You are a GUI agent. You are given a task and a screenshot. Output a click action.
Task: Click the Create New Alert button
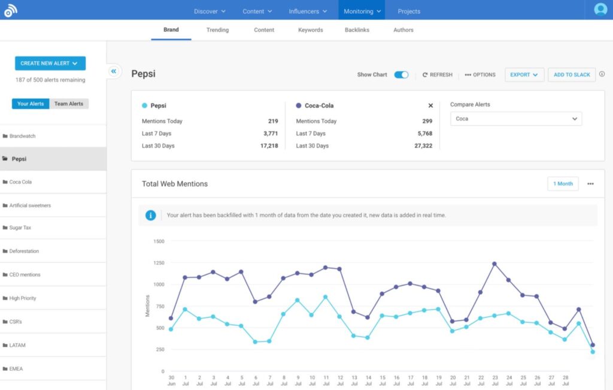pyautogui.click(x=50, y=63)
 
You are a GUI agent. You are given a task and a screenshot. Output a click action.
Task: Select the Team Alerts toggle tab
pyautogui.click(x=69, y=104)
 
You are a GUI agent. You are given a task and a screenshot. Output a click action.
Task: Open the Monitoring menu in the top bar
pyautogui.click(x=362, y=11)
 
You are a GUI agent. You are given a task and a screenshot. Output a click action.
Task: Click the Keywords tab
pyautogui.click(x=310, y=30)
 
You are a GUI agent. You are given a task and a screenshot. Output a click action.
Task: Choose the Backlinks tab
pyautogui.click(x=357, y=30)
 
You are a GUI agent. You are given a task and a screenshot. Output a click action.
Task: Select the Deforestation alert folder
pyautogui.click(x=24, y=252)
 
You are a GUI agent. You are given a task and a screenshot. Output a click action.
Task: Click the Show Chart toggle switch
pyautogui.click(x=401, y=75)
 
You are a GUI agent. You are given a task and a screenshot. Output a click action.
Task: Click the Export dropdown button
pyautogui.click(x=524, y=75)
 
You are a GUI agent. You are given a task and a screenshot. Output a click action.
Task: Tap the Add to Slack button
pyautogui.click(x=572, y=75)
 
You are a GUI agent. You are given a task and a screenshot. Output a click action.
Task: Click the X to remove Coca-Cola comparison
pyautogui.click(x=430, y=105)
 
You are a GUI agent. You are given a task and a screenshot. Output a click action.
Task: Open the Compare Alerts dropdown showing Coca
pyautogui.click(x=515, y=119)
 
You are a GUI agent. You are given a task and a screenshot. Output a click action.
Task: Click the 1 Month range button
pyautogui.click(x=563, y=184)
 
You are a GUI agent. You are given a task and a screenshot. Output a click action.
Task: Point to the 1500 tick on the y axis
pyautogui.click(x=159, y=241)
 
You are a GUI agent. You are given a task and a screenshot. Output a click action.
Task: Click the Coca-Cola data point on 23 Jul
pyautogui.click(x=494, y=264)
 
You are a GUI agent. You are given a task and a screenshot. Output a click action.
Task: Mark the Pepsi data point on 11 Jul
pyautogui.click(x=326, y=297)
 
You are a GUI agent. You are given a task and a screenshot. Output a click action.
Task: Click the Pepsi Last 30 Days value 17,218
pyautogui.click(x=269, y=146)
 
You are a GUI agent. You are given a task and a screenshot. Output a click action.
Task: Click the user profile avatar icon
pyautogui.click(x=600, y=10)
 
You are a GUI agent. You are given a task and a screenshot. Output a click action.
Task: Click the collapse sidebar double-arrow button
pyautogui.click(x=113, y=71)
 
